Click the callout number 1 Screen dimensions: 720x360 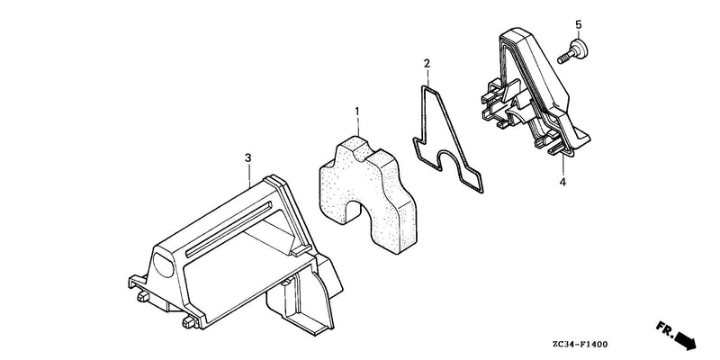[x=357, y=112]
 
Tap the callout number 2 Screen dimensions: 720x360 [x=427, y=63]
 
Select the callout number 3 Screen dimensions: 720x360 [x=248, y=158]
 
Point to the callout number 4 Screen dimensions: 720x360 [x=562, y=183]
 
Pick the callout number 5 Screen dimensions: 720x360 [x=578, y=24]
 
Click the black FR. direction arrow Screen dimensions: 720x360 [x=685, y=341]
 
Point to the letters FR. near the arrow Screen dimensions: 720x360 [x=664, y=328]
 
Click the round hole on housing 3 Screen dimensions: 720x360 [x=164, y=265]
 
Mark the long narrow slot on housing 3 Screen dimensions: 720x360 [x=229, y=229]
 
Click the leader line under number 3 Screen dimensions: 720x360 [x=249, y=175]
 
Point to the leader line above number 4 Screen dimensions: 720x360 [x=562, y=165]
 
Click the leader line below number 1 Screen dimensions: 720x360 [x=357, y=129]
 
